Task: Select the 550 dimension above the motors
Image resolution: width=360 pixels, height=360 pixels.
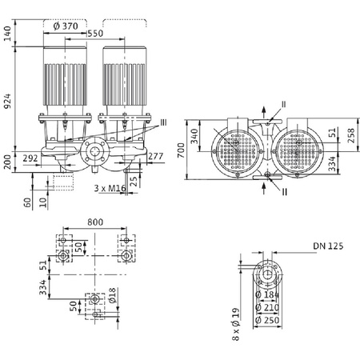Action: (x=96, y=36)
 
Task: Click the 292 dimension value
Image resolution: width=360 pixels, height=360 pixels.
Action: (x=30, y=158)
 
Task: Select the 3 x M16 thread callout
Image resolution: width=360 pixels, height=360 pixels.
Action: (x=109, y=188)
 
